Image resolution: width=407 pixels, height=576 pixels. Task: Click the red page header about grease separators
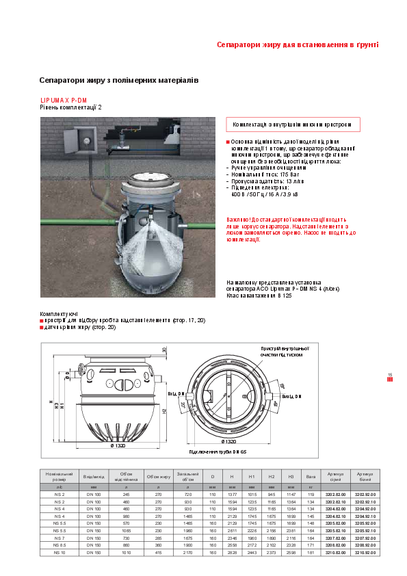(x=297, y=44)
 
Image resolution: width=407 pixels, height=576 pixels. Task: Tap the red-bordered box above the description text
(x=293, y=125)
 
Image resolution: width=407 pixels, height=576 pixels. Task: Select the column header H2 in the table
(x=272, y=476)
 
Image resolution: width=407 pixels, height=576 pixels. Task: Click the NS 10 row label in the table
(x=59, y=552)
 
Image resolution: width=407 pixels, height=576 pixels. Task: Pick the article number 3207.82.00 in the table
(x=335, y=538)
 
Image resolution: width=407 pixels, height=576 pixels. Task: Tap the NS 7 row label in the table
(x=59, y=538)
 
